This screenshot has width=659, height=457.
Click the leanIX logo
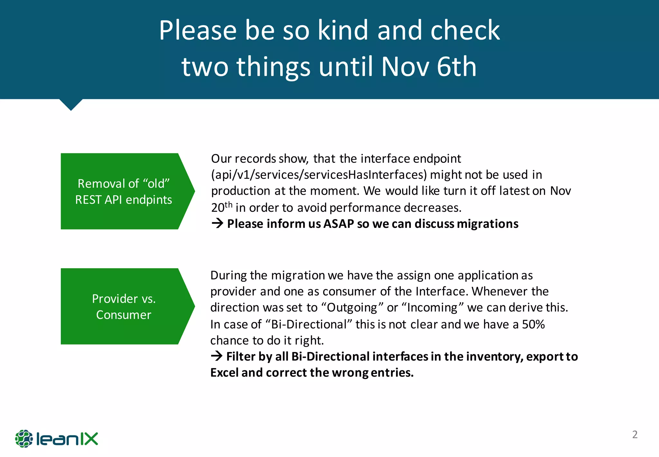tap(57, 439)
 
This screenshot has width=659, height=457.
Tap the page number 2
tap(635, 434)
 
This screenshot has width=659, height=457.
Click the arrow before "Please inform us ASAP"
tap(218, 223)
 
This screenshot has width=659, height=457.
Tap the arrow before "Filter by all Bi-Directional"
tap(217, 356)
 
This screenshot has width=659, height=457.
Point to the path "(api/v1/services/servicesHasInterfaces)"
tap(319, 175)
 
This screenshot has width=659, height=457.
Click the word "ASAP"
tap(339, 224)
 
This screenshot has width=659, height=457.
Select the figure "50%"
tap(533, 324)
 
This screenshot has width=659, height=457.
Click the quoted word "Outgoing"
tap(352, 307)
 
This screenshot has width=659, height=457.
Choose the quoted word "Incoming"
tap(432, 307)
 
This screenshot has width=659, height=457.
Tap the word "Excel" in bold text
tap(224, 373)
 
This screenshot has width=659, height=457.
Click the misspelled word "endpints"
tap(149, 200)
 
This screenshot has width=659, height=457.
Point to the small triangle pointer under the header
tap(71, 104)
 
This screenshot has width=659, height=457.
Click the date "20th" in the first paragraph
tap(222, 207)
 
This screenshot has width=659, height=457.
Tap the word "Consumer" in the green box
tap(124, 315)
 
